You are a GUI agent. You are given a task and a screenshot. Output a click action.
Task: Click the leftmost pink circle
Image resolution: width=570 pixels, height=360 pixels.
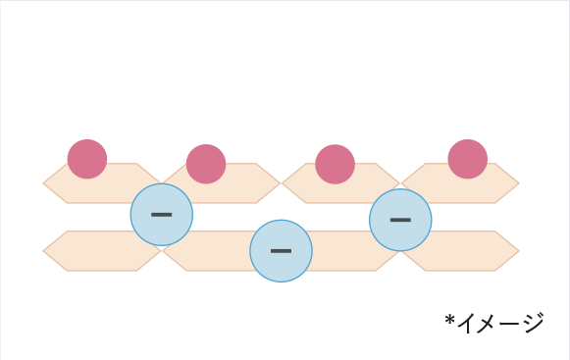(x=87, y=159)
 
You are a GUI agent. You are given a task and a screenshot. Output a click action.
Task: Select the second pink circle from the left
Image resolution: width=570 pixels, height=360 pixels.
(x=206, y=164)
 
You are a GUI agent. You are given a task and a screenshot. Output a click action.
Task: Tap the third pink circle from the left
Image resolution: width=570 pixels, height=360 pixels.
(x=335, y=164)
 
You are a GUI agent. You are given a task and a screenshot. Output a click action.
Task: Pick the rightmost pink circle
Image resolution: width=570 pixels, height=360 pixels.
(x=468, y=159)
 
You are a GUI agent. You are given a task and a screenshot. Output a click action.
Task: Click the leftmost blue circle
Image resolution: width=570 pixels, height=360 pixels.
(x=162, y=215)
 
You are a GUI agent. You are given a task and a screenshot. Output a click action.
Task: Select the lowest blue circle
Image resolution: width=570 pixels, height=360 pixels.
(x=281, y=251)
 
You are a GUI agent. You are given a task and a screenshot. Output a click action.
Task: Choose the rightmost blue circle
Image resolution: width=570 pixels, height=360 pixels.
(x=400, y=220)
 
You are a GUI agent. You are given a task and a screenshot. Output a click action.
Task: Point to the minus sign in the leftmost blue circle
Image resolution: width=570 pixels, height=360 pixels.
(x=162, y=215)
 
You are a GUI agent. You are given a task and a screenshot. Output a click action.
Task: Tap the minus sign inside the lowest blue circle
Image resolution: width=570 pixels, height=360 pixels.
(x=281, y=251)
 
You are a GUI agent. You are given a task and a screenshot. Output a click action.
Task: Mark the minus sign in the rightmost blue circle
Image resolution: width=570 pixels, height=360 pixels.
(x=400, y=220)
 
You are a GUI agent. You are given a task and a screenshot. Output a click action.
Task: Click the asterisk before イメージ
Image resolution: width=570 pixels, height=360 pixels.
(x=449, y=320)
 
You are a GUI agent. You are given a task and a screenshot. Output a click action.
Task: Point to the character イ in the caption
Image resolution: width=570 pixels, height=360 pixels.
(x=468, y=323)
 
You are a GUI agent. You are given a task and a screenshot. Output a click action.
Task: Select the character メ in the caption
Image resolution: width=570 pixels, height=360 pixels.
(x=490, y=324)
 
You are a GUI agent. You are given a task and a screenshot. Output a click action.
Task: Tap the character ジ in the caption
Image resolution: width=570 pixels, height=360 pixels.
(x=534, y=323)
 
